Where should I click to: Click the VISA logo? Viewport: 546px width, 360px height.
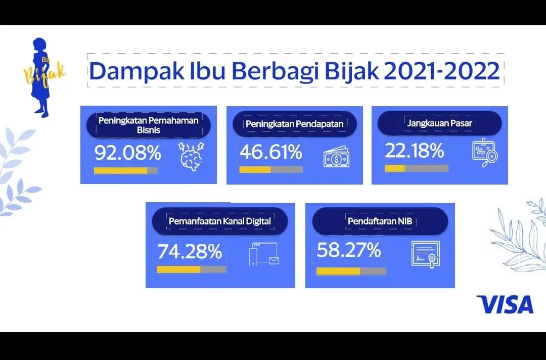point(505,304)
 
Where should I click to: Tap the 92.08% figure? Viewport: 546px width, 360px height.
point(128,153)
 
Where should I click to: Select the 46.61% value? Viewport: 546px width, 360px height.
point(270,152)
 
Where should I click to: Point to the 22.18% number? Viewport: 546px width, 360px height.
point(415,151)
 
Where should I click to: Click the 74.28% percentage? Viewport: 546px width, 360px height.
point(190,251)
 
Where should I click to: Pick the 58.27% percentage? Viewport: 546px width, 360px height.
point(348,250)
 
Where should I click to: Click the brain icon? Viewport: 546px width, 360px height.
point(191,156)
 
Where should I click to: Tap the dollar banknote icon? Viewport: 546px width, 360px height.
point(336,157)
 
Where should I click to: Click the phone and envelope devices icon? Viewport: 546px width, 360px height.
point(264,254)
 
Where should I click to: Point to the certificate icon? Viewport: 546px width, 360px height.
point(425,255)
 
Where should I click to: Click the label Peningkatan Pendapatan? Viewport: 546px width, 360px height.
point(295,124)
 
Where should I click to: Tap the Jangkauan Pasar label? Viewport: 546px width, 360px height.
point(439,123)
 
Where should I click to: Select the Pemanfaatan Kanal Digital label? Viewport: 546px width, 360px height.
point(220,221)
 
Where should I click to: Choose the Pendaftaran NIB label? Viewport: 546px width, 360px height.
point(380,221)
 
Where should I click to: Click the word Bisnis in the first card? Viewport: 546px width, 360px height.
point(149,130)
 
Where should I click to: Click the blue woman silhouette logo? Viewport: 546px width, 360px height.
point(40,77)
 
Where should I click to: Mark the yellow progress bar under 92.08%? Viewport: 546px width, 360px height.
point(120,170)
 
